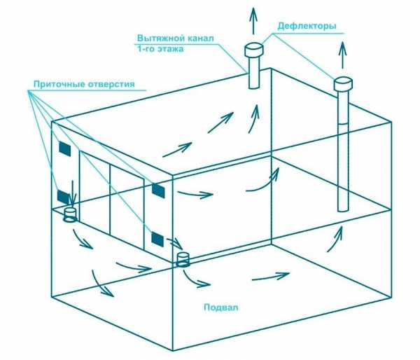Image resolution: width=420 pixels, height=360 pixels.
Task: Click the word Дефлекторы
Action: (307, 27)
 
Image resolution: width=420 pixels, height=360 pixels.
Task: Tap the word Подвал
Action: (221, 307)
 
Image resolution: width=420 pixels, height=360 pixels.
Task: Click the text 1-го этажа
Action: (160, 49)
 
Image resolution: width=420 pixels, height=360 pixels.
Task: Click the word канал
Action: (197, 39)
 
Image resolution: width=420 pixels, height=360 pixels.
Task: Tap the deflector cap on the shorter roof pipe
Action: (254, 50)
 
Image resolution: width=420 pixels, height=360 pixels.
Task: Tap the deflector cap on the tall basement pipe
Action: (343, 84)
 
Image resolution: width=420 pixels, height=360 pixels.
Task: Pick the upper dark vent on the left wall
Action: (65, 148)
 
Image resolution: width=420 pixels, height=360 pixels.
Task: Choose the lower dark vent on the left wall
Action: (63, 197)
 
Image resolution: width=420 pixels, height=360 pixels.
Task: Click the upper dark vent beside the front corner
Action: (158, 191)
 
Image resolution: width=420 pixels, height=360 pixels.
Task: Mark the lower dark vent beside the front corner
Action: (157, 240)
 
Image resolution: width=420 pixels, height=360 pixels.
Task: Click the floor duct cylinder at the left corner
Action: (71, 215)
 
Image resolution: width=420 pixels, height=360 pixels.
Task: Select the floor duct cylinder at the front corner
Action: (183, 260)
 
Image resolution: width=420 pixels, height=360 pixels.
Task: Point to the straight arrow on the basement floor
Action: (270, 277)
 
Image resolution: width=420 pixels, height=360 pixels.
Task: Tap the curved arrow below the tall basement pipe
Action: (335, 239)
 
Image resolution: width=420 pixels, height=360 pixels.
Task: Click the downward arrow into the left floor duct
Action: (72, 195)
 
